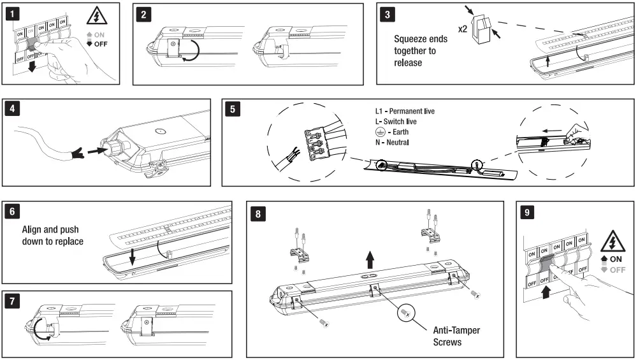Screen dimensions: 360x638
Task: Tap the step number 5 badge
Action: pos(233,109)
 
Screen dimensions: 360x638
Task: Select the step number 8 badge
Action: pos(258,213)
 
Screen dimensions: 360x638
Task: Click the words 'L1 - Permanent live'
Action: pos(405,112)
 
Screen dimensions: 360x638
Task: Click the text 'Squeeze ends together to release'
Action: pos(420,50)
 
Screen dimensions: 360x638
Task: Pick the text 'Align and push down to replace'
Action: pos(52,235)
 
